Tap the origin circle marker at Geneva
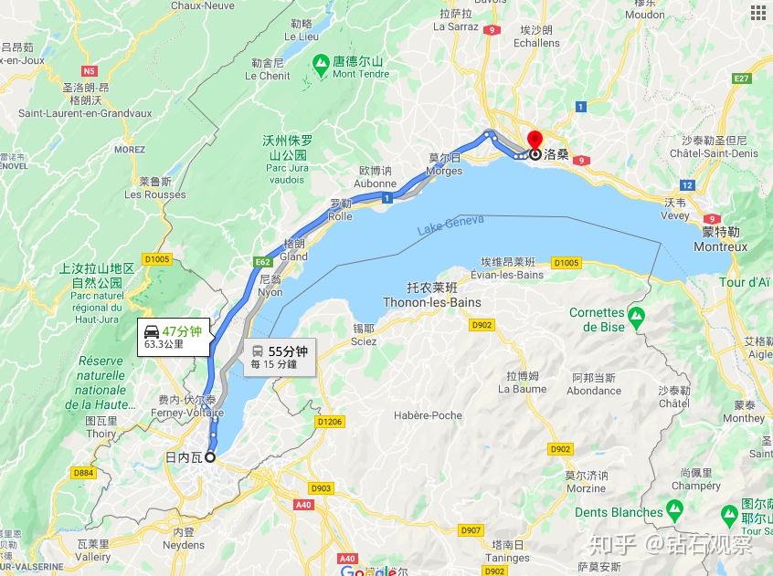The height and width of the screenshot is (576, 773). (x=211, y=457)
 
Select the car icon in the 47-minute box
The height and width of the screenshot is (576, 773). (x=152, y=330)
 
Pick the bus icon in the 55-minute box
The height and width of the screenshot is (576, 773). (x=258, y=351)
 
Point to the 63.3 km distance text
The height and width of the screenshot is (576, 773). (x=164, y=345)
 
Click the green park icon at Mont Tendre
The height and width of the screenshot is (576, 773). (x=321, y=65)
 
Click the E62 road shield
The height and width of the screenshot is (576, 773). (x=262, y=262)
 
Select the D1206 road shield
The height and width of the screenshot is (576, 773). (x=329, y=422)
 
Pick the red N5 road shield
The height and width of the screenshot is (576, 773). (x=89, y=70)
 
